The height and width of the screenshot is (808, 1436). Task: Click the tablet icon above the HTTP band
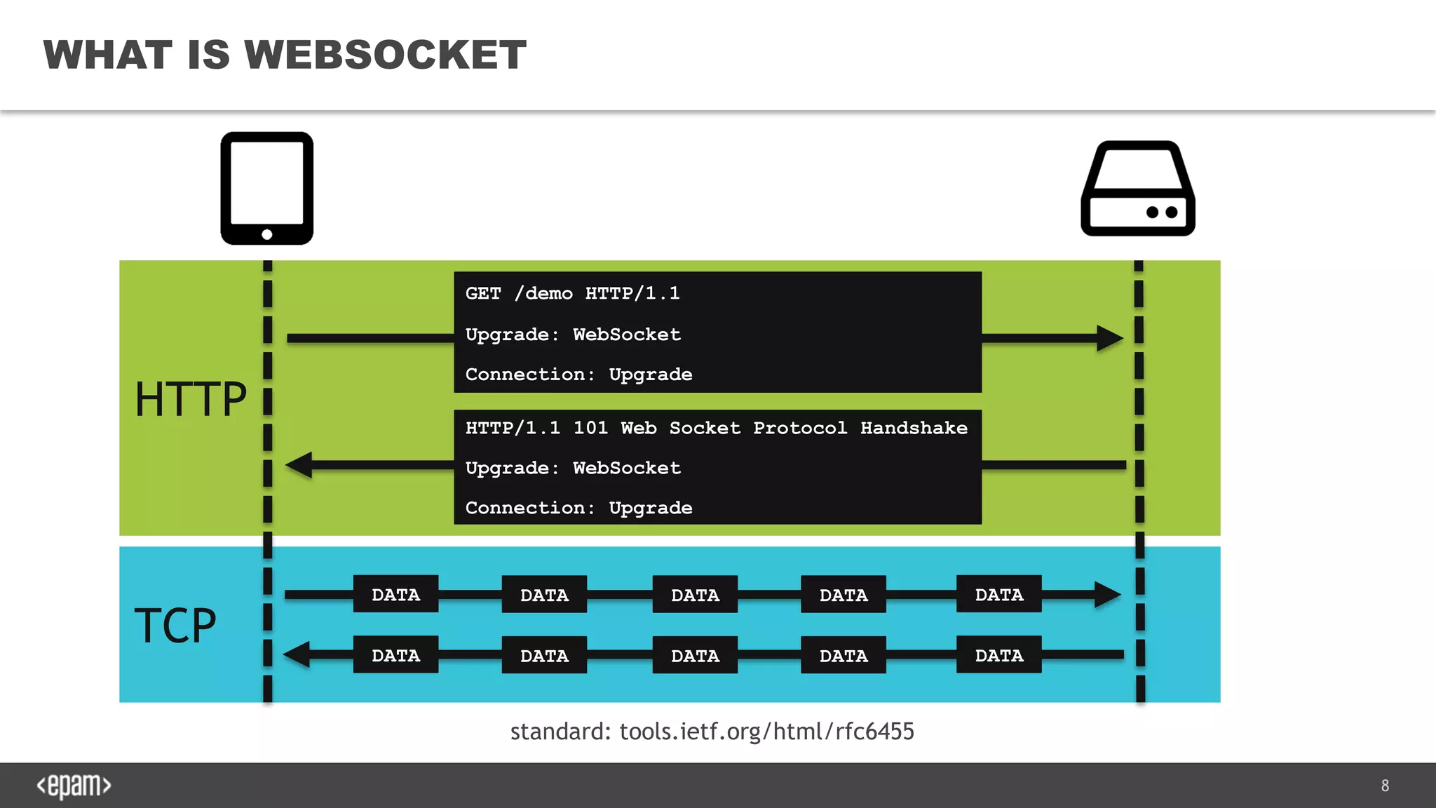click(x=266, y=188)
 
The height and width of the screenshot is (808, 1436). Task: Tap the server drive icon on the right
click(x=1137, y=188)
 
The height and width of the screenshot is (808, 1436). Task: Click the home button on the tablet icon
click(x=266, y=234)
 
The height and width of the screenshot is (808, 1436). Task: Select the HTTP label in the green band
click(x=190, y=399)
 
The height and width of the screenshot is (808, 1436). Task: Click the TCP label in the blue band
click(x=175, y=625)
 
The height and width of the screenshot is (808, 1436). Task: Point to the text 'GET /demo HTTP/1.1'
click(x=572, y=293)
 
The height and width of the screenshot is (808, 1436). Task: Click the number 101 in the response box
click(x=590, y=428)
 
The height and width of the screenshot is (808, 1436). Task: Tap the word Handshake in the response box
click(x=914, y=428)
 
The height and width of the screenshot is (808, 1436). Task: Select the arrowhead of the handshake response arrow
click(x=300, y=465)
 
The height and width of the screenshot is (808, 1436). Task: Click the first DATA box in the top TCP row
click(x=395, y=594)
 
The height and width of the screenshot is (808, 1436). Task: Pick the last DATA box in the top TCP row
click(x=998, y=594)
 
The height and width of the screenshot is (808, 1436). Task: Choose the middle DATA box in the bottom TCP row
click(x=695, y=655)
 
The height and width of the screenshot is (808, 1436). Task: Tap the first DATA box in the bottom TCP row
click(x=395, y=655)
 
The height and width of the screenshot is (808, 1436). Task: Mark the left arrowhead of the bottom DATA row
click(x=297, y=654)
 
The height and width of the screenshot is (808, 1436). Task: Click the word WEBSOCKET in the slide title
click(x=385, y=55)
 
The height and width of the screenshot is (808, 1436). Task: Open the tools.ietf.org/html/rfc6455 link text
click(x=766, y=732)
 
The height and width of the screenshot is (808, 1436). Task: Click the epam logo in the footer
click(x=74, y=786)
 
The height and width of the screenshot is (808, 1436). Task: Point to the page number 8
click(x=1385, y=786)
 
